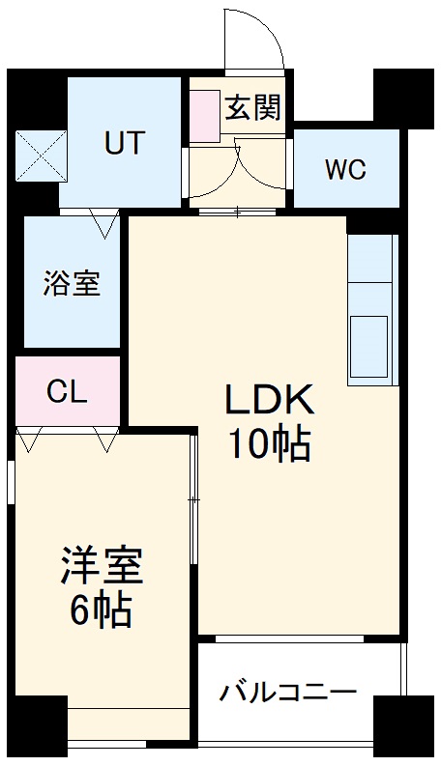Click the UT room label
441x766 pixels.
(124, 143)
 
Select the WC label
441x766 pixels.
(345, 170)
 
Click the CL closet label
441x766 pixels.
(68, 392)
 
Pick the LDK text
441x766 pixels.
(269, 400)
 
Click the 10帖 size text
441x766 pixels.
(269, 444)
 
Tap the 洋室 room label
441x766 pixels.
(102, 567)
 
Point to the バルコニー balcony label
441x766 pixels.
(288, 693)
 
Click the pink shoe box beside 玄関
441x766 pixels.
(204, 117)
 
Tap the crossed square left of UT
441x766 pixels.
(41, 155)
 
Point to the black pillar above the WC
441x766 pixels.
(402, 97)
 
